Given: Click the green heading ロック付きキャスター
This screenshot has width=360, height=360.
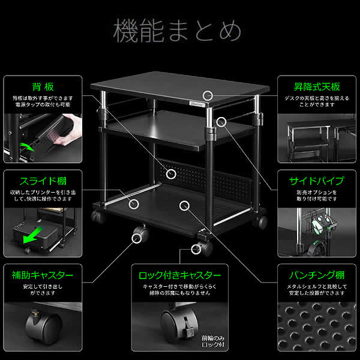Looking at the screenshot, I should tap(179, 275).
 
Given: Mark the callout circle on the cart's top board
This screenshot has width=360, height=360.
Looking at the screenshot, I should tap(208, 95).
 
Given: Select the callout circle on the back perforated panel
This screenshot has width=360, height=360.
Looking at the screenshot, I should tap(173, 174).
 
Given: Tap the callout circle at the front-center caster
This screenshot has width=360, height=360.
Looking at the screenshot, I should tap(196, 248).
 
